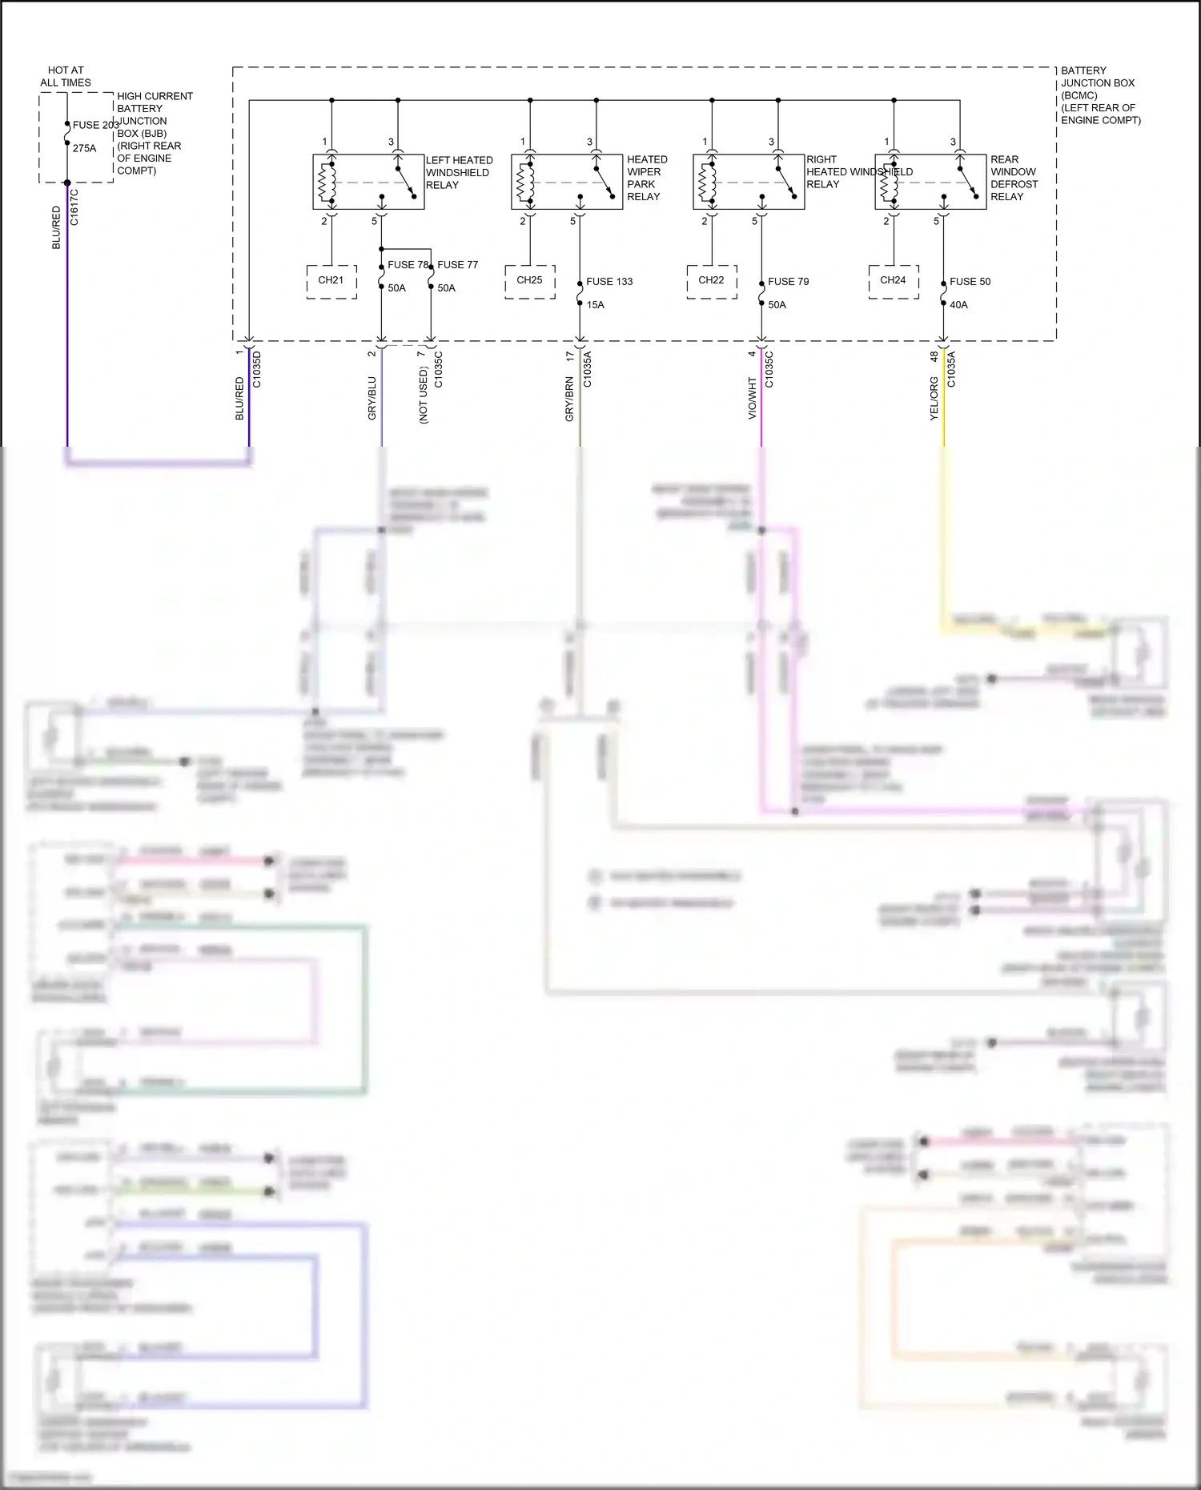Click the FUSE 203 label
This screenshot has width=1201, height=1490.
(x=95, y=125)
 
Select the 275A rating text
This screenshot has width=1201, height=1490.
(x=84, y=148)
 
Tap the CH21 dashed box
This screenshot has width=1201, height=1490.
(x=331, y=281)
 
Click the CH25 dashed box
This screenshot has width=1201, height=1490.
(x=529, y=281)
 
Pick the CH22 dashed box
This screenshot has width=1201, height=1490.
(x=711, y=281)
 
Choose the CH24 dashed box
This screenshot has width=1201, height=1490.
(x=893, y=281)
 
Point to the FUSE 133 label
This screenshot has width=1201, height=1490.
(x=609, y=282)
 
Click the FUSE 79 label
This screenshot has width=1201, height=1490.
(x=788, y=282)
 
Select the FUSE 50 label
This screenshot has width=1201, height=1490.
(x=970, y=282)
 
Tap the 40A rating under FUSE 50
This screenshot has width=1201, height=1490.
(x=958, y=305)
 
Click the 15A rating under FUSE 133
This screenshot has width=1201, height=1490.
(x=595, y=305)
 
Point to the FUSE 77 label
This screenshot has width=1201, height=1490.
(x=457, y=265)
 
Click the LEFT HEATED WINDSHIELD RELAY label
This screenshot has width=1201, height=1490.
(x=459, y=173)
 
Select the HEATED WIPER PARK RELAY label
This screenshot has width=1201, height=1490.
(x=646, y=178)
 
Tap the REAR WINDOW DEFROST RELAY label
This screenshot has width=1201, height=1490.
(x=1013, y=178)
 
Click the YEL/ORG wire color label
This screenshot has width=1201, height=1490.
(x=934, y=398)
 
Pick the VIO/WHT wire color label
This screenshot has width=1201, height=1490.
(x=752, y=398)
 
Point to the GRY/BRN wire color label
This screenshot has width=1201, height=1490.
(x=569, y=399)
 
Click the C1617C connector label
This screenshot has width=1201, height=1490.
(x=74, y=207)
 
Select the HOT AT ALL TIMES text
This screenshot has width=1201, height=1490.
(x=66, y=76)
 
